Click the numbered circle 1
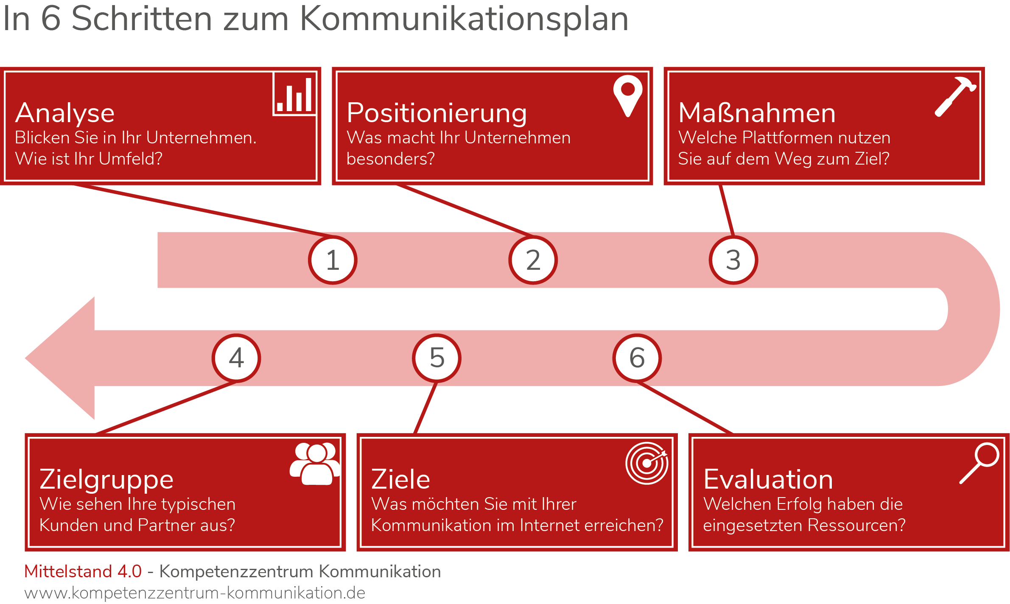click(x=333, y=260)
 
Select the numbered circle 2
click(x=533, y=260)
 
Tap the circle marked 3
click(x=733, y=260)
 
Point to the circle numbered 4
click(x=236, y=358)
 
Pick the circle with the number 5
click(x=436, y=358)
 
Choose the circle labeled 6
click(x=637, y=358)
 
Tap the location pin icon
click(x=628, y=96)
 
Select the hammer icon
click(x=956, y=97)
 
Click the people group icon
click(x=315, y=464)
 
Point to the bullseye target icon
click(x=647, y=463)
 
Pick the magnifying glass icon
click(x=979, y=463)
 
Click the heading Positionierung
click(x=437, y=114)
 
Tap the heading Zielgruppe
click(x=106, y=480)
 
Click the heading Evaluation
click(x=768, y=479)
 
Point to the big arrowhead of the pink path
click(x=60, y=358)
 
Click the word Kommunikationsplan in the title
click(x=464, y=20)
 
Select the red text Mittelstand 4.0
click(x=83, y=571)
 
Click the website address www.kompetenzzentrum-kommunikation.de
click(x=195, y=593)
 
